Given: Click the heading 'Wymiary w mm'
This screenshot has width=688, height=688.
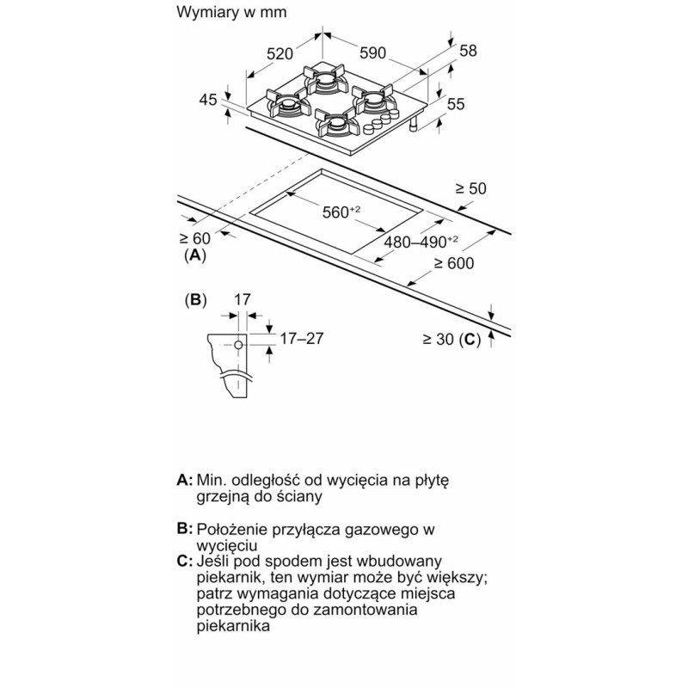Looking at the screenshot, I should [231, 14].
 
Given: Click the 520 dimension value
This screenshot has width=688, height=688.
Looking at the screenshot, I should [280, 53].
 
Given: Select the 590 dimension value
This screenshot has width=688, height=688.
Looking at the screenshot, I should [372, 53].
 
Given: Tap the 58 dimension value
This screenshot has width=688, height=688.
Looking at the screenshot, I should [468, 51].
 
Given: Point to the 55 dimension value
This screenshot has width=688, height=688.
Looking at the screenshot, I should [456, 104].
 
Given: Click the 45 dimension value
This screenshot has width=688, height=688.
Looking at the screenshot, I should [208, 100].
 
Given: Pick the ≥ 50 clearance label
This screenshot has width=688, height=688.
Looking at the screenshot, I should [470, 188].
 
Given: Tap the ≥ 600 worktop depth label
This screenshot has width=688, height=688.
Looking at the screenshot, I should [454, 263].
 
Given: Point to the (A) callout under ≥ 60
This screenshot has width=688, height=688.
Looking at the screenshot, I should [195, 255].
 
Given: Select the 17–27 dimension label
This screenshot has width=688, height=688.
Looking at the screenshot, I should [302, 338].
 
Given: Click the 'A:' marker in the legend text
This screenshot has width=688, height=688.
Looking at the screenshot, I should [183, 479].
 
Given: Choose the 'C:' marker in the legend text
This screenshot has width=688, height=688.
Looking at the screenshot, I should [183, 562].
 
